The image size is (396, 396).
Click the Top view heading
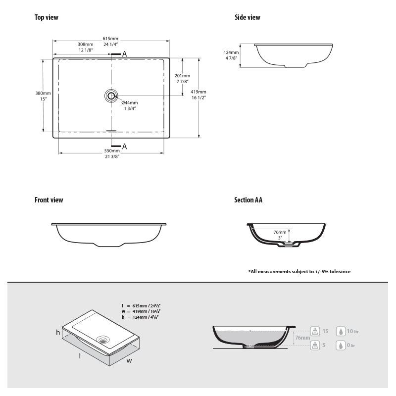point(47,17)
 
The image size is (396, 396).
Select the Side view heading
point(247,17)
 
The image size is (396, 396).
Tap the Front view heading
point(49,200)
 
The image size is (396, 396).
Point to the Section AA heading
point(248,200)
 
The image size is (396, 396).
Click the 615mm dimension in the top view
point(110,39)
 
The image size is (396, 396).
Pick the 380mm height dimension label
point(43,93)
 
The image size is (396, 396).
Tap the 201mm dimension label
point(183,76)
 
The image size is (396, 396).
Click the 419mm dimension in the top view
point(198,92)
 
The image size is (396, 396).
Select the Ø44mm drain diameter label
point(129,102)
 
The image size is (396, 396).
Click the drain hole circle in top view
point(111,96)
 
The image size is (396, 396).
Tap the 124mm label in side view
point(231,52)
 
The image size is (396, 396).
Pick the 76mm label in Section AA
point(280,232)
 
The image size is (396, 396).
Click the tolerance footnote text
point(299,272)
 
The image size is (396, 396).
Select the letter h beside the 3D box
point(57,333)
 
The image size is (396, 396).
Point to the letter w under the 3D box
point(129,360)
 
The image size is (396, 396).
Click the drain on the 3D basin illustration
point(103,340)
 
